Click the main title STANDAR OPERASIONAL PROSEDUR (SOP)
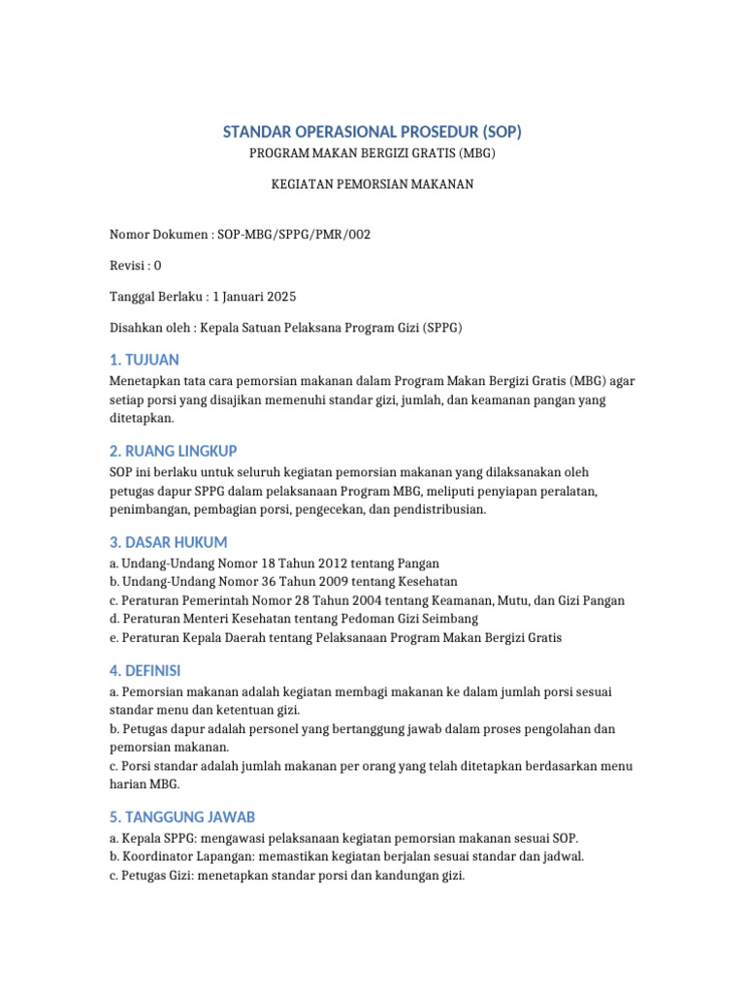[372, 132]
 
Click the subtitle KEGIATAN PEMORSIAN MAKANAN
[372, 184]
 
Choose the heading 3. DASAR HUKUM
[168, 542]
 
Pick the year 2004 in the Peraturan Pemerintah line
[328, 600]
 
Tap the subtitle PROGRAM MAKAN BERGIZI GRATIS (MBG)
[372, 154]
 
